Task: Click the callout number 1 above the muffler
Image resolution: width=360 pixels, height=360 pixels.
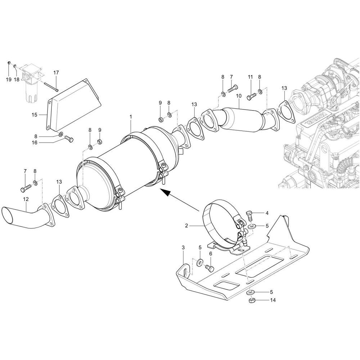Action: pos(131,117)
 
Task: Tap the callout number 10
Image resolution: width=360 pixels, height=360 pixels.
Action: pos(238,96)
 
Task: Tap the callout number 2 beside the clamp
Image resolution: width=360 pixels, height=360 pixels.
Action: pos(186,226)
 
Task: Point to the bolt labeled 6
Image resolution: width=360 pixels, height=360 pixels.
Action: pos(208,268)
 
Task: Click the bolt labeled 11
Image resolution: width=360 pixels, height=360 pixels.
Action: pos(251,96)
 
